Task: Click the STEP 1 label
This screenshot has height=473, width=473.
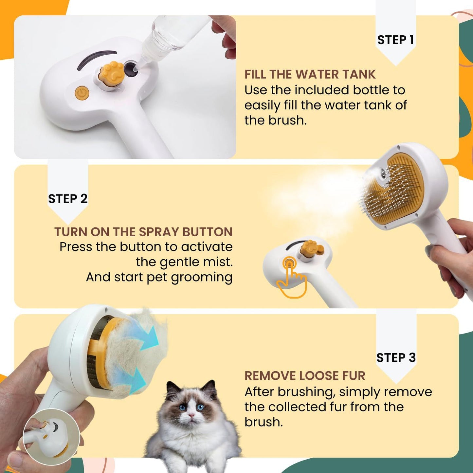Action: point(395,40)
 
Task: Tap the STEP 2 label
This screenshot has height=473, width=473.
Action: point(68,199)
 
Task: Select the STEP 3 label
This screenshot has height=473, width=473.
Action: point(396,357)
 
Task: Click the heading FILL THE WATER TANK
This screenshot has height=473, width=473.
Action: point(310,74)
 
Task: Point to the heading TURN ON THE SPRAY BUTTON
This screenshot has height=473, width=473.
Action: point(143,232)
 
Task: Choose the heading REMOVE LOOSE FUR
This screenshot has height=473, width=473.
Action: point(304,376)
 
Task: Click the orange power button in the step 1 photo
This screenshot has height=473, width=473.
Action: point(82,93)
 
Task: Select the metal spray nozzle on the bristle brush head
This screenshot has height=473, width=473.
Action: point(382,171)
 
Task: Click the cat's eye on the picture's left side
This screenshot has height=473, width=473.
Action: point(182,408)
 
